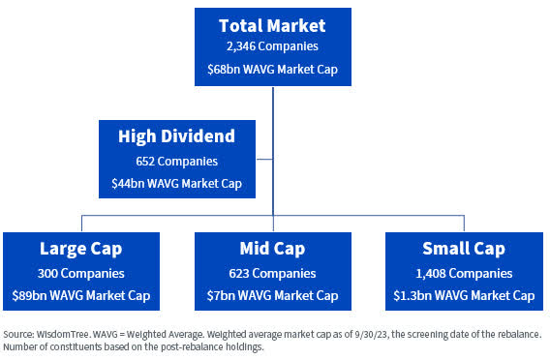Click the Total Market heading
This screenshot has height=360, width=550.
[272, 25]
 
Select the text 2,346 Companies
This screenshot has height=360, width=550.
[272, 46]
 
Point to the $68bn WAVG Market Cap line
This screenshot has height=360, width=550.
[272, 69]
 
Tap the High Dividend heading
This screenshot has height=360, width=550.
[177, 137]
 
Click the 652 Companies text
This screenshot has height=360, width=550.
[177, 161]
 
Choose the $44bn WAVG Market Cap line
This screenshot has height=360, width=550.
[177, 183]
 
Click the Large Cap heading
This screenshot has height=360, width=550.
[81, 250]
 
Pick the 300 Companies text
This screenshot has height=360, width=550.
[81, 273]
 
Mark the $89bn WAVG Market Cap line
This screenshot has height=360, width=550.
[81, 295]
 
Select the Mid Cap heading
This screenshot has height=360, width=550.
[272, 250]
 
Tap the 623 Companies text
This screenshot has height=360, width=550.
[272, 273]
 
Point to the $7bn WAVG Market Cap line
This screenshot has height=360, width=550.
[272, 295]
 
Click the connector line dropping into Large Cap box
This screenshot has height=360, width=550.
[81, 224]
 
